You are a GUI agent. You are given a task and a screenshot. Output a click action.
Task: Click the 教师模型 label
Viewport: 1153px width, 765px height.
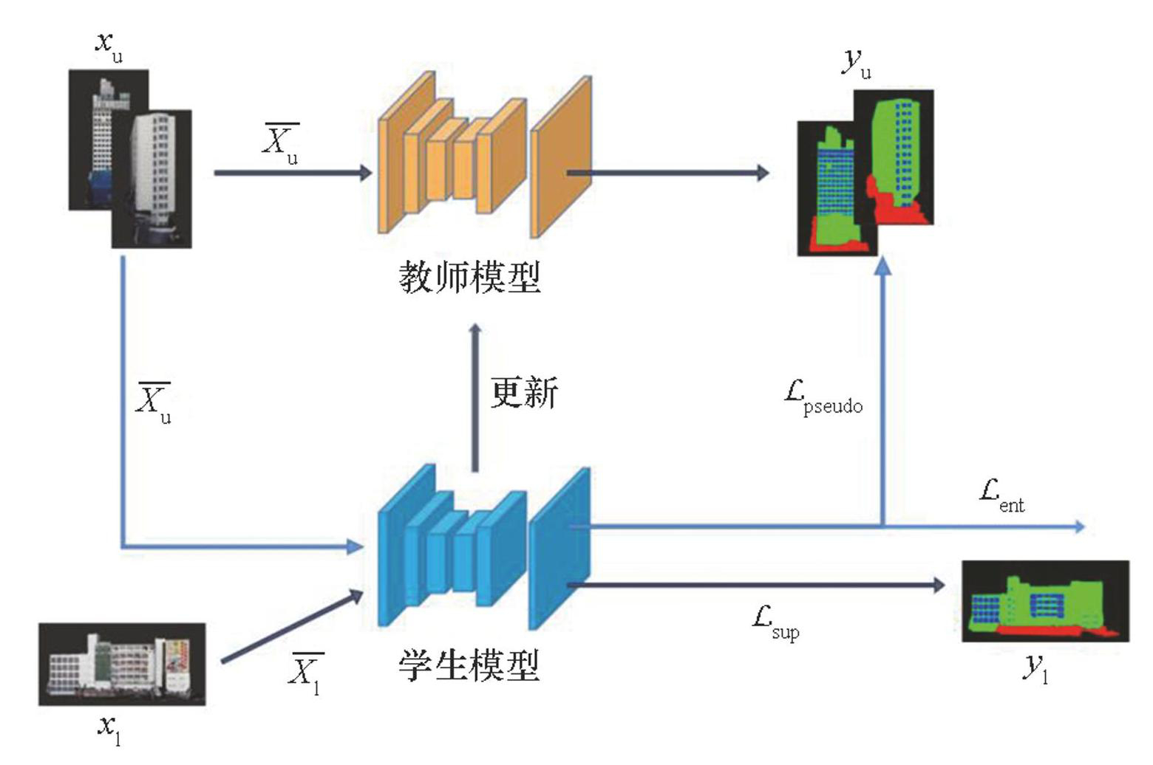coord(469,277)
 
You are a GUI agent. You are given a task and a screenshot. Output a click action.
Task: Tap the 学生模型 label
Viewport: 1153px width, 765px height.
coord(469,665)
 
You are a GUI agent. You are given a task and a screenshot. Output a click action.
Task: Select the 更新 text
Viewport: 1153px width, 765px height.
coord(524,393)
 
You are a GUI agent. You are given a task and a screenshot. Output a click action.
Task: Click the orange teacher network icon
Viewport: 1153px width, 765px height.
coord(484,158)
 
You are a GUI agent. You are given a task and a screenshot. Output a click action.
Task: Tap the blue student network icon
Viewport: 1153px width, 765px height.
coord(484,547)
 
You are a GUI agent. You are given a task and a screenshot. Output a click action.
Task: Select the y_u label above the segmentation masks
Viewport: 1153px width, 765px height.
coord(857,64)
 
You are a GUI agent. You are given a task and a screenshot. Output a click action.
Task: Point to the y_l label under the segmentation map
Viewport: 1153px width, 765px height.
coord(1035,668)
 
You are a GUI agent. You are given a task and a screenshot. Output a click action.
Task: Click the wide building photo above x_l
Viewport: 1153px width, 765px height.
coord(122,664)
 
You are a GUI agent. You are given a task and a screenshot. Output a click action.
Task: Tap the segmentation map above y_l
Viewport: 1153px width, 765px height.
coord(1045,601)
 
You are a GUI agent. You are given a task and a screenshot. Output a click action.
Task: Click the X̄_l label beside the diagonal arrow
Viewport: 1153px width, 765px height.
coord(305,673)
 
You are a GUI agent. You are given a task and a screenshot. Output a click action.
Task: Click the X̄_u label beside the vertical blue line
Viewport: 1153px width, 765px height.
coord(154,402)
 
